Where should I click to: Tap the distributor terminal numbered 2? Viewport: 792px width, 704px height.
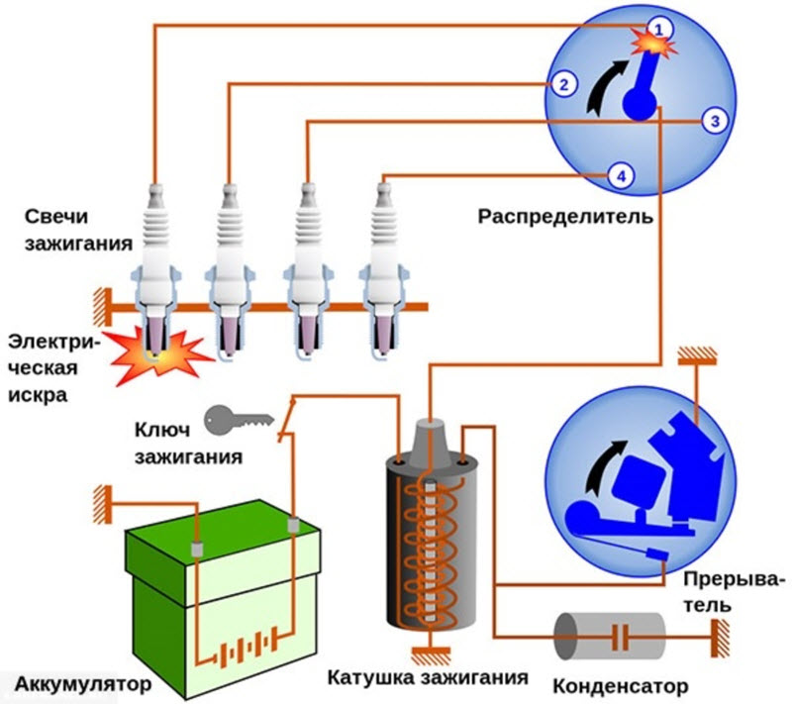562,84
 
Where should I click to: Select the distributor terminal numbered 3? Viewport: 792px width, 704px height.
714,121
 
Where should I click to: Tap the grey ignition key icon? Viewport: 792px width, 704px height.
237,420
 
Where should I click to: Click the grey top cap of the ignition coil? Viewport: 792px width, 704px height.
428,437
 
